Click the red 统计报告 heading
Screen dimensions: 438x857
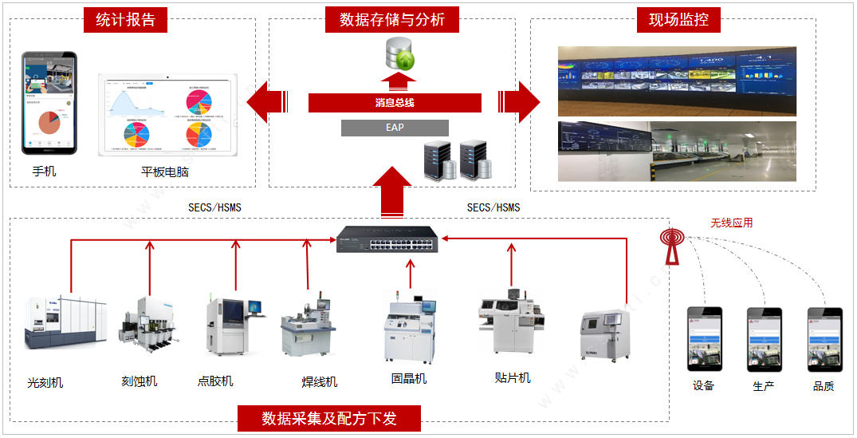click(x=125, y=20)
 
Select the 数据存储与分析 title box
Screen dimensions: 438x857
click(x=391, y=20)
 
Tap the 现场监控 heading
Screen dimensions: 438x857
click(x=678, y=20)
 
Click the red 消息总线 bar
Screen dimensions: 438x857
click(x=395, y=102)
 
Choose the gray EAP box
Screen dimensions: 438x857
click(x=395, y=128)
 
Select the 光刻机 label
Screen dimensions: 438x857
click(x=45, y=382)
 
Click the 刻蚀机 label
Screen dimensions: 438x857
click(x=140, y=381)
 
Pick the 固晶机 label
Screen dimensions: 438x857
click(x=409, y=378)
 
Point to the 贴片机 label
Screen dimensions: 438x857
click(x=513, y=377)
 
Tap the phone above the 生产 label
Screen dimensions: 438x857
click(x=764, y=339)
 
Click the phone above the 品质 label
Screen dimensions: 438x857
click(x=824, y=339)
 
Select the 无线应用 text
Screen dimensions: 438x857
click(x=731, y=223)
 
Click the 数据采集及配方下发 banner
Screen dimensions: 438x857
click(x=329, y=418)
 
